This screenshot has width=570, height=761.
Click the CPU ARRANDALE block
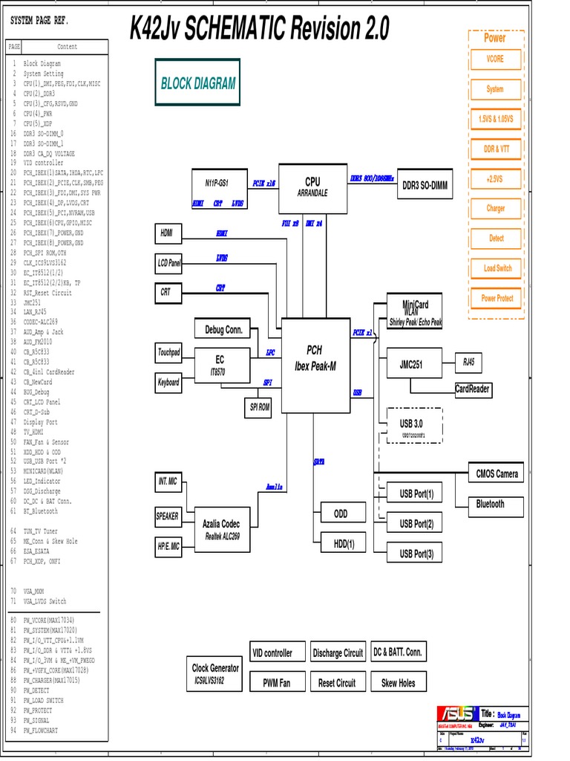tap(312, 187)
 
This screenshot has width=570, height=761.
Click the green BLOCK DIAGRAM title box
tap(197, 84)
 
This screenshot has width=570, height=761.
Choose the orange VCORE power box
tap(495, 59)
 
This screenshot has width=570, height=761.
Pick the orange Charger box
tap(495, 208)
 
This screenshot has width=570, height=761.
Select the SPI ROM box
tap(258, 407)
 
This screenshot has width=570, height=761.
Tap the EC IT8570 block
tap(220, 365)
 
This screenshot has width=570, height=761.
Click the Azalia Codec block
tap(221, 529)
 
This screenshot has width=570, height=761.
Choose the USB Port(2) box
tap(416, 524)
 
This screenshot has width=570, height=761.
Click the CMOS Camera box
tap(497, 473)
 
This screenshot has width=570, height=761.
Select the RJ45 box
tap(468, 363)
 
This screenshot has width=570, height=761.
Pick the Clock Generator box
tap(215, 674)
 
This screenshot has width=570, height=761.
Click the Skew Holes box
tap(399, 683)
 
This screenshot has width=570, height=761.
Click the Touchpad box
tap(168, 352)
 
